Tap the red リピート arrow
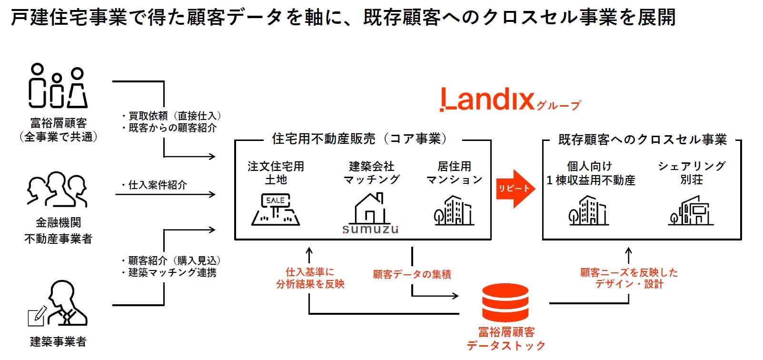[514, 189]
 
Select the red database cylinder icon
[505, 302]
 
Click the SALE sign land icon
[276, 209]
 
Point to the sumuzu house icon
[370, 212]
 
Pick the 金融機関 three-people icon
[58, 190]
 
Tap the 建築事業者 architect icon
[58, 305]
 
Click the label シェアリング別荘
[691, 172]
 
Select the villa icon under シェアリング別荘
[691, 211]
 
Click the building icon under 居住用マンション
[454, 210]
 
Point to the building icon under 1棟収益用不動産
[589, 210]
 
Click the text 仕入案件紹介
[157, 185]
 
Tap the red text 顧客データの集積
[412, 274]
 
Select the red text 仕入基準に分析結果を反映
[310, 278]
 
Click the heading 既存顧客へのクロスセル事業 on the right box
[642, 140]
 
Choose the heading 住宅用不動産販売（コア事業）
[362, 139]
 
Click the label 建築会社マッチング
[371, 172]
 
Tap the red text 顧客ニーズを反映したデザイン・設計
[629, 278]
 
